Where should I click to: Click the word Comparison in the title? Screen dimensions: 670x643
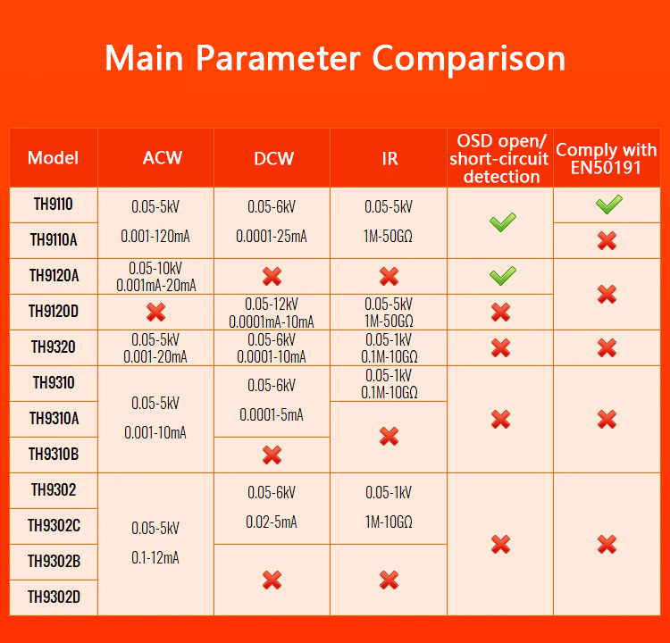point(469,58)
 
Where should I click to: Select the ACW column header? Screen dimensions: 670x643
point(163,158)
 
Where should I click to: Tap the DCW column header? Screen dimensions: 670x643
point(274,158)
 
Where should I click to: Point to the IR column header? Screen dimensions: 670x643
point(389,158)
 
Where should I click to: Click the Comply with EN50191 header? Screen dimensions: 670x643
point(607,158)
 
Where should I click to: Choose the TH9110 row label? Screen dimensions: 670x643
point(54,205)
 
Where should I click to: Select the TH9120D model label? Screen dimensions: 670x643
point(54,312)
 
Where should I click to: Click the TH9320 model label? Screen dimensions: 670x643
point(54,347)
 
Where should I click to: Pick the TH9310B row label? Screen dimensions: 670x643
point(54,455)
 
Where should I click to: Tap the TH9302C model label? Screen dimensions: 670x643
point(54,525)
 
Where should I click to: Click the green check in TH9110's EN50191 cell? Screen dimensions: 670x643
point(609,204)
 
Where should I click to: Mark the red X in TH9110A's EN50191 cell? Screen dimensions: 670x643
point(607,241)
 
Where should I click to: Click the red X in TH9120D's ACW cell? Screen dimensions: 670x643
point(155,313)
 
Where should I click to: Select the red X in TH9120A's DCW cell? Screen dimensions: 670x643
point(272,277)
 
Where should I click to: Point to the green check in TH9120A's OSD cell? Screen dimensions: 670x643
point(502,276)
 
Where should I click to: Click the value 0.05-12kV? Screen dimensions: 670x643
point(272,305)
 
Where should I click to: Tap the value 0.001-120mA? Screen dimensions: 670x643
point(155,237)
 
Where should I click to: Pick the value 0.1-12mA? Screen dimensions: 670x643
point(155,557)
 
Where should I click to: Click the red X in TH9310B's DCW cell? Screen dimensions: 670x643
point(272,455)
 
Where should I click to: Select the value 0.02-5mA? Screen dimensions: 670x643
point(272,522)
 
